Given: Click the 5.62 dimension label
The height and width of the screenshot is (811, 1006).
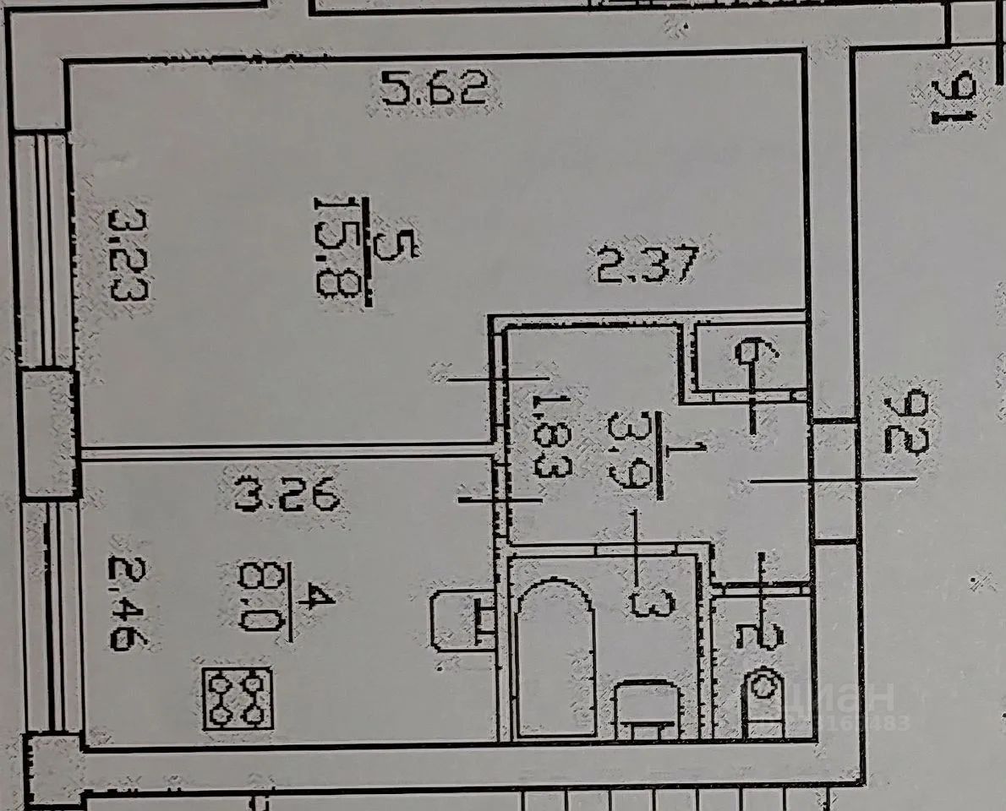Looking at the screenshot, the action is pyautogui.click(x=434, y=89).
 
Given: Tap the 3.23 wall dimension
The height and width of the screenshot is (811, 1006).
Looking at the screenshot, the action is pyautogui.click(x=128, y=254).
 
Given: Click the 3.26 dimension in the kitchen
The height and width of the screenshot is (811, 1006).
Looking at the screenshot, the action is pyautogui.click(x=287, y=496).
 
